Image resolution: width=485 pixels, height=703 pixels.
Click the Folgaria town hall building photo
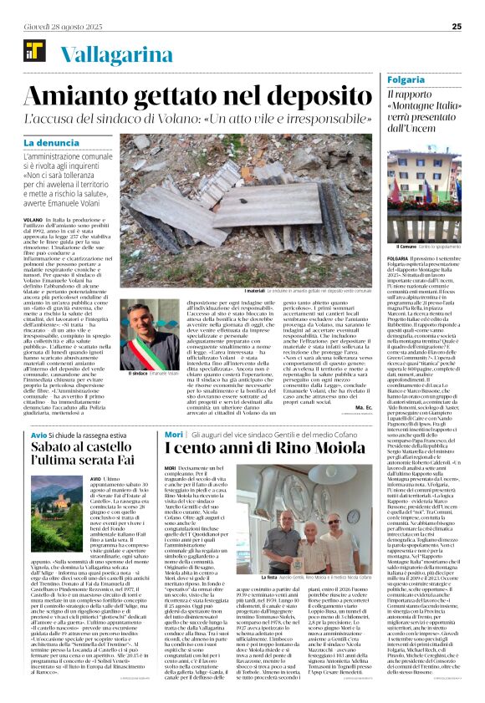click(425, 196)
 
